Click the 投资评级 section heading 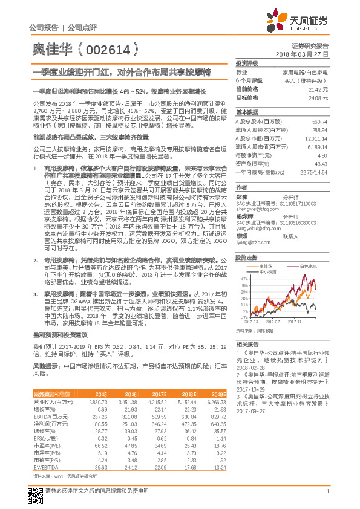(x=247, y=63)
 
